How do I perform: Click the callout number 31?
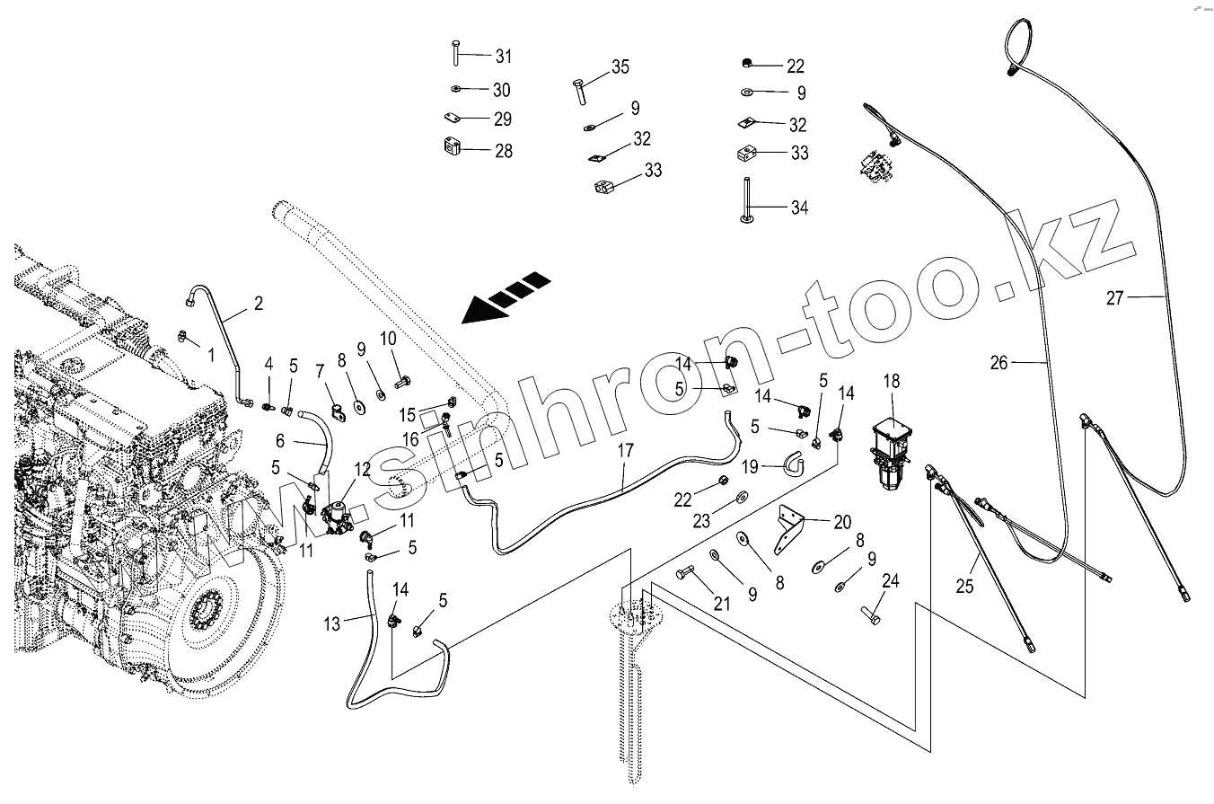pyautogui.click(x=504, y=56)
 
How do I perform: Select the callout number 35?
pyautogui.click(x=620, y=66)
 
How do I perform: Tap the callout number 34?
pyautogui.click(x=799, y=208)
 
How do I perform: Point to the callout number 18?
pyautogui.click(x=892, y=381)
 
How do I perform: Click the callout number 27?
pyautogui.click(x=1115, y=298)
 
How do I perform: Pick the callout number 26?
pyautogui.click(x=998, y=363)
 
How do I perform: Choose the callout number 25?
pyautogui.click(x=964, y=586)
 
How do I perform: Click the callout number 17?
pyautogui.click(x=626, y=451)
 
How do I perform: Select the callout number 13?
pyautogui.click(x=331, y=624)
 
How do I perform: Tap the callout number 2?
pyautogui.click(x=259, y=303)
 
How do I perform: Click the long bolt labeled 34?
pyautogui.click(x=747, y=200)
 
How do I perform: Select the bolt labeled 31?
pyautogui.click(x=456, y=53)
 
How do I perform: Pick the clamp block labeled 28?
pyautogui.click(x=451, y=146)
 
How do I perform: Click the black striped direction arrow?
pyautogui.click(x=506, y=297)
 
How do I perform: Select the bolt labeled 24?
pyautogui.click(x=870, y=616)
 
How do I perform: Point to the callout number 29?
pyautogui.click(x=503, y=119)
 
